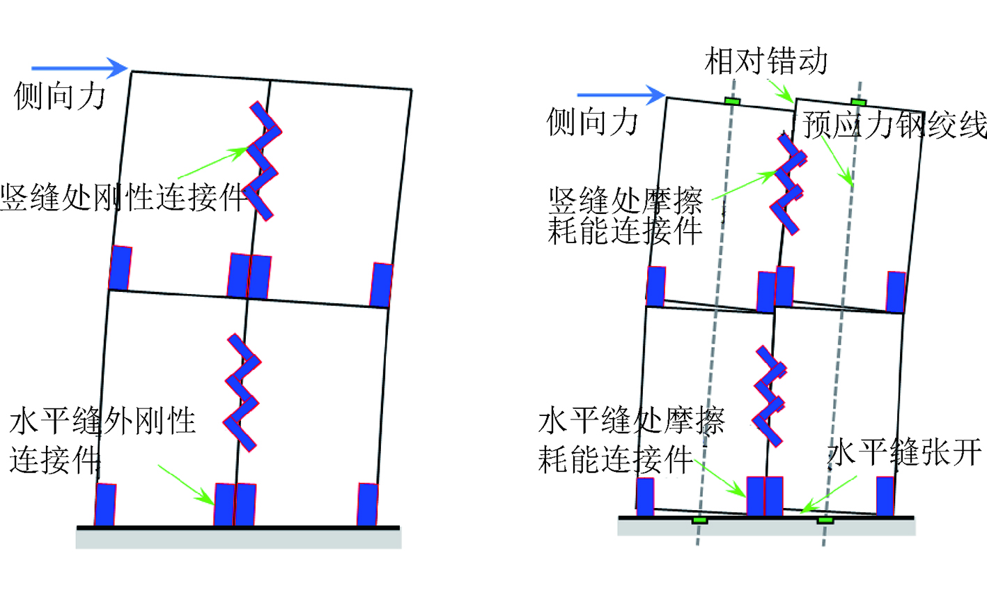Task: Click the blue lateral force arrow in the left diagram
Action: point(79,68)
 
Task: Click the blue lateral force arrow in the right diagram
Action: point(621,95)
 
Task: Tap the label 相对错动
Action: point(766,61)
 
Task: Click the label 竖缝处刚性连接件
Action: point(124,198)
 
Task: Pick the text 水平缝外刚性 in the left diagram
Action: point(102,422)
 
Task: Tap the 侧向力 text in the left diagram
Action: point(60,96)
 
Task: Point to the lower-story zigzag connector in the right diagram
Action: point(769,396)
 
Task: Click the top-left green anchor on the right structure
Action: point(731,101)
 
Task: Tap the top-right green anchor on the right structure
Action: point(858,102)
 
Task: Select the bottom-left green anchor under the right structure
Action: point(700,521)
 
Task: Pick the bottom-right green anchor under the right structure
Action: point(825,521)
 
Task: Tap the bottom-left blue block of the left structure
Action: point(105,504)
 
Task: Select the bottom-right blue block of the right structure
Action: point(885,496)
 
